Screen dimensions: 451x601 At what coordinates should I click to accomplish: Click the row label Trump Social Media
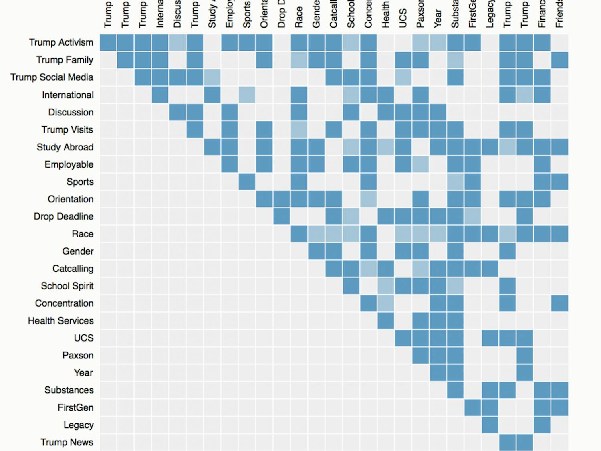52,77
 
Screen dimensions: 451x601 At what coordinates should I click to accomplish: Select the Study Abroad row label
65,147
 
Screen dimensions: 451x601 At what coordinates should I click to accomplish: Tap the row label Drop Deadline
63,216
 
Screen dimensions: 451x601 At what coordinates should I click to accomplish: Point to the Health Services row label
61,321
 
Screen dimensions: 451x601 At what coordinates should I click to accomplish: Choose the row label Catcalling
73,269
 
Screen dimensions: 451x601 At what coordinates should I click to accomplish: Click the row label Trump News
67,442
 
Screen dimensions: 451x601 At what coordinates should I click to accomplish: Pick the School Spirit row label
67,286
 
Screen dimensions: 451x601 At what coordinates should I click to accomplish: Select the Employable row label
69,164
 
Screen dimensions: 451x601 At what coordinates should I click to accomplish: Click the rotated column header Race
299,17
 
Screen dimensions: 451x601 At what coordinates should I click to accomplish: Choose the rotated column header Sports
247,15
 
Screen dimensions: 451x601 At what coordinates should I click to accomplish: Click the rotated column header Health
386,15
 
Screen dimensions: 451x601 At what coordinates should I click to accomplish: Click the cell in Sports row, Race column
299,182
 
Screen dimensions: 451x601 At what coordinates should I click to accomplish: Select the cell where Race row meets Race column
299,234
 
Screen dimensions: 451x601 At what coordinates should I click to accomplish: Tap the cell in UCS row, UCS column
403,338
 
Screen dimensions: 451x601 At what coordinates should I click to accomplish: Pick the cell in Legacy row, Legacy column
490,425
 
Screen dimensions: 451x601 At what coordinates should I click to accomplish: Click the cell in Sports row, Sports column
247,182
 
